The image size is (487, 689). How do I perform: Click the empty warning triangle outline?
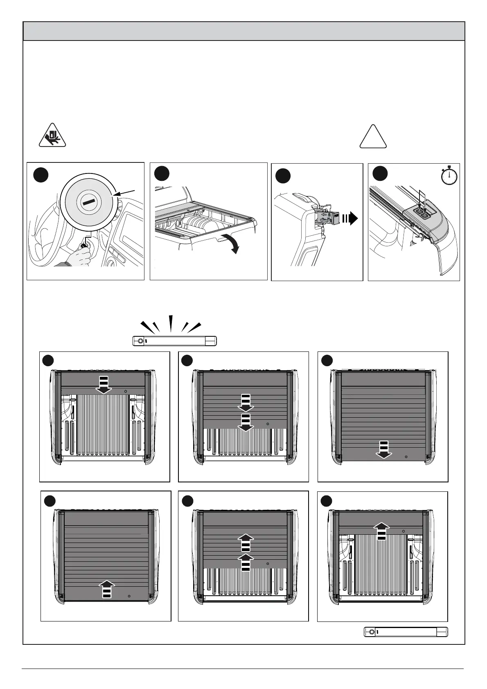click(x=373, y=136)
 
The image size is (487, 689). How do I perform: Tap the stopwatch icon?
click(x=449, y=176)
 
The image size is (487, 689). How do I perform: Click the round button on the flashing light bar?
click(x=140, y=341)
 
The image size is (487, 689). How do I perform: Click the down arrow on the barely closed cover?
click(x=104, y=385)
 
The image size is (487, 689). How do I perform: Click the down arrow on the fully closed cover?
click(x=383, y=450)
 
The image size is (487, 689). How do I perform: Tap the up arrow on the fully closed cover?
click(x=106, y=589)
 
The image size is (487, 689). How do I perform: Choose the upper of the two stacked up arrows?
click(x=246, y=542)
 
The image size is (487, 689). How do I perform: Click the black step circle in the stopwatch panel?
click(x=380, y=174)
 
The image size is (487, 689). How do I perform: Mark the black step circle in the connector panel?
click(x=283, y=176)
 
